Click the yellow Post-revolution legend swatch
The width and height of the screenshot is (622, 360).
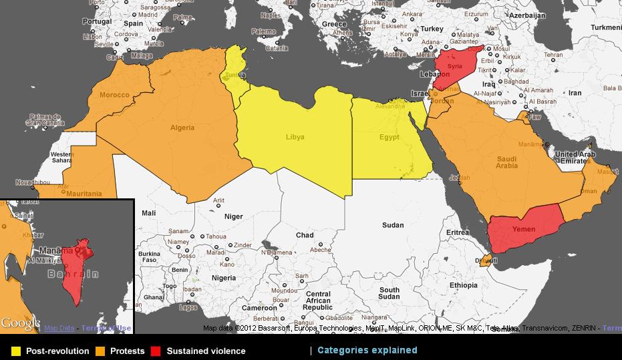click(16, 351)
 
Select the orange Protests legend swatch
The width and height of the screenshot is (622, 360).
click(100, 351)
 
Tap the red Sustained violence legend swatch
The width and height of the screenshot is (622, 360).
click(156, 351)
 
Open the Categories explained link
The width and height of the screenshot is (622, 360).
click(367, 350)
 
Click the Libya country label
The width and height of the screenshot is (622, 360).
click(295, 137)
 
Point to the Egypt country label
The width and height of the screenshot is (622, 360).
click(389, 137)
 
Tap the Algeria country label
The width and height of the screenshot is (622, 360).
click(182, 128)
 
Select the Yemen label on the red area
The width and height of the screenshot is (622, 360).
click(524, 229)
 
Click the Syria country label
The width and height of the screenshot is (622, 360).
click(454, 66)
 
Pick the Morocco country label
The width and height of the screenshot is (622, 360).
click(114, 95)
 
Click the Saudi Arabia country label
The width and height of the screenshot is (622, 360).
click(507, 162)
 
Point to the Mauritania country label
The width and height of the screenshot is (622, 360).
click(85, 194)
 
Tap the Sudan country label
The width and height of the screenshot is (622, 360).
click(393, 225)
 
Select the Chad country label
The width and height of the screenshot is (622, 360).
click(305, 235)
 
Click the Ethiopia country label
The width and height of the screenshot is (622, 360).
click(464, 285)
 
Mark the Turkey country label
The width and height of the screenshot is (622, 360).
click(432, 29)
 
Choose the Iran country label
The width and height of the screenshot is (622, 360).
click(575, 93)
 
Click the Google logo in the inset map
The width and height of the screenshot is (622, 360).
click(20, 324)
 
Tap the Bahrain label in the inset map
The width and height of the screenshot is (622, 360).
click(73, 274)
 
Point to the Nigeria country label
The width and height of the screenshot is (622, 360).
click(224, 278)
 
